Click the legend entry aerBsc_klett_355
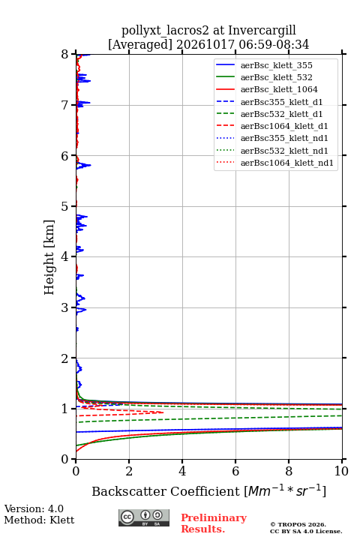click(x=276, y=65)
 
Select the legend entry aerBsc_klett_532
click(x=276, y=77)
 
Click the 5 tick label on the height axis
click(x=65, y=206)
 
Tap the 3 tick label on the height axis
click(x=65, y=307)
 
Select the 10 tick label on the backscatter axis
click(x=341, y=471)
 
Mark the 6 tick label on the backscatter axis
click(x=235, y=471)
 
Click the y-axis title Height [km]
click(x=49, y=257)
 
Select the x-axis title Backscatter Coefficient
click(x=166, y=491)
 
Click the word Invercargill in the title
click(x=262, y=31)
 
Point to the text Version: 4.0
click(x=34, y=508)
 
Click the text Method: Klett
click(x=39, y=520)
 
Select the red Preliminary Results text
click(x=214, y=523)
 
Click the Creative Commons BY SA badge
click(x=144, y=517)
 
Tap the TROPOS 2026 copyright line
click(x=298, y=524)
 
